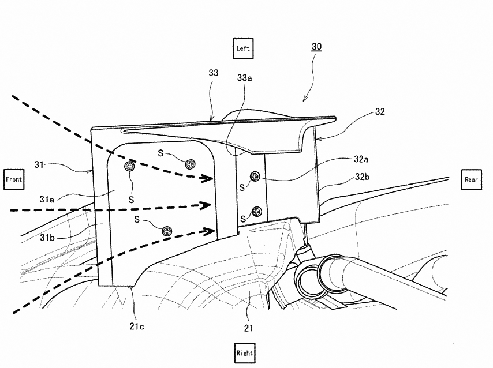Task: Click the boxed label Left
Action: pos(242,48)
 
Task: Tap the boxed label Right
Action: pos(244,352)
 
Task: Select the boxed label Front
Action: pos(13,179)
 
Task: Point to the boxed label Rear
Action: pos(471,179)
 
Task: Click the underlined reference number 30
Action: pos(317,46)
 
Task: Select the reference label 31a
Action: pos(48,199)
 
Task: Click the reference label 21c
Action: pos(137,327)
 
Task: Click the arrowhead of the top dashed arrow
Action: pos(205,179)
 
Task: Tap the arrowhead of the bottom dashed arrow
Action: pos(205,231)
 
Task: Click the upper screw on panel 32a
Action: pos(255,177)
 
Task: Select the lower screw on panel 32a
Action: pos(257,210)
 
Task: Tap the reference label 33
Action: pos(213,73)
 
